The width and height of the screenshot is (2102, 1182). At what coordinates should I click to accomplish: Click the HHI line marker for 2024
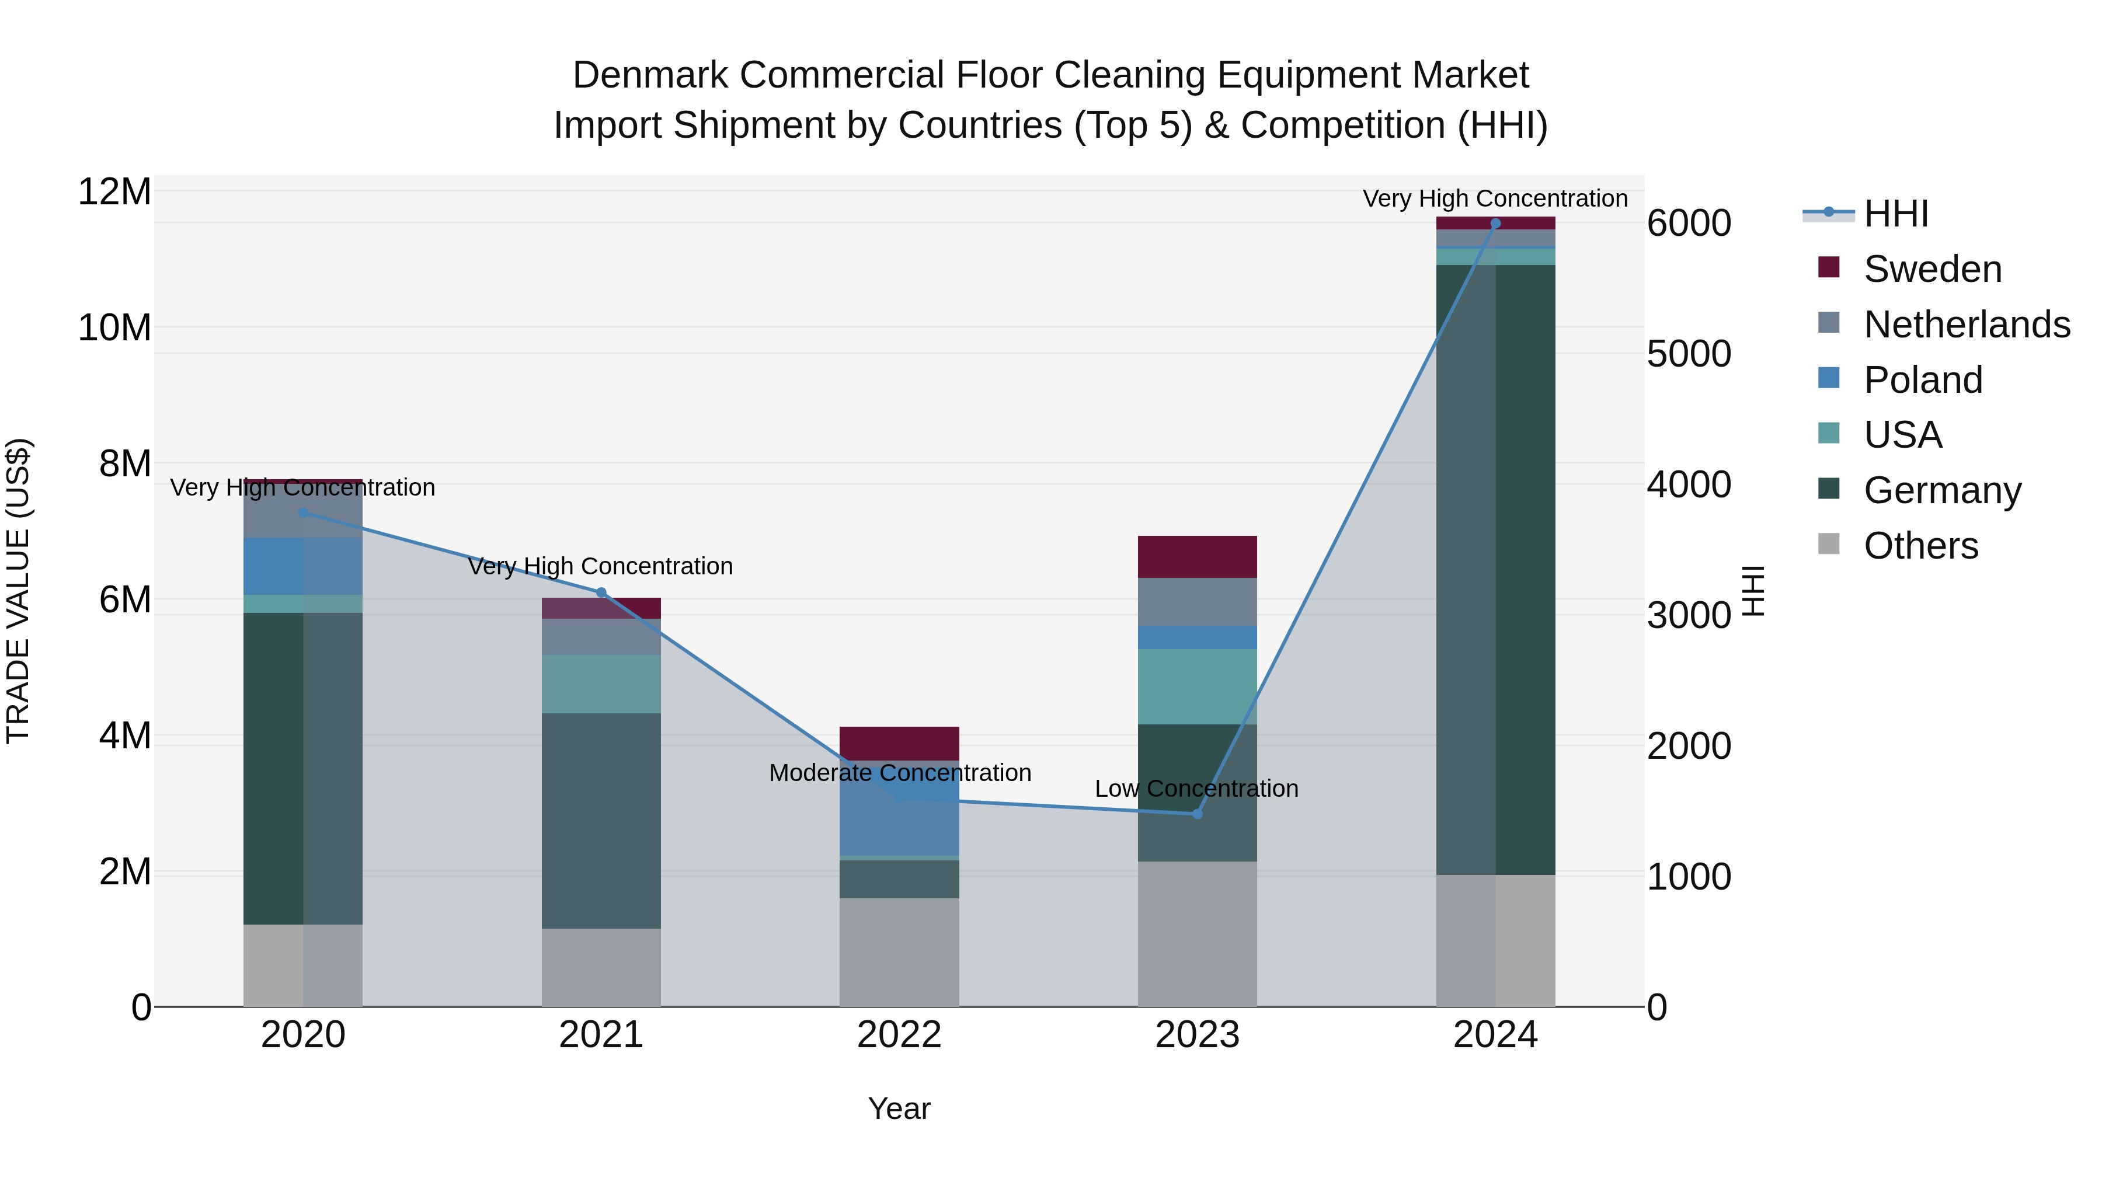tap(1495, 223)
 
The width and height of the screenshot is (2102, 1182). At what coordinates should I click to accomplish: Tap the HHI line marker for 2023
tap(1197, 814)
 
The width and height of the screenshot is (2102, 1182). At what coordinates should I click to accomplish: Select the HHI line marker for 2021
tap(601, 592)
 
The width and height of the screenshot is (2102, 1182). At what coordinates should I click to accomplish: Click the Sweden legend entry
tap(1932, 269)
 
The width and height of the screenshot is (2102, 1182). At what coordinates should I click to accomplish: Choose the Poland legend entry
tap(1923, 380)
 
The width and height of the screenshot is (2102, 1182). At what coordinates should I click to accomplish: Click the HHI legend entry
tap(1895, 214)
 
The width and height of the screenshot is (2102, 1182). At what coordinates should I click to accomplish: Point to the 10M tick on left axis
tap(114, 328)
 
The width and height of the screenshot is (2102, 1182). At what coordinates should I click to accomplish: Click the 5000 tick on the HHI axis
tap(1688, 354)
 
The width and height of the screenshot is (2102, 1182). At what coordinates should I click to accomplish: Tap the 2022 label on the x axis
tap(899, 1035)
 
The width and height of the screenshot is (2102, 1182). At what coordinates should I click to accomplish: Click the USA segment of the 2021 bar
tap(601, 684)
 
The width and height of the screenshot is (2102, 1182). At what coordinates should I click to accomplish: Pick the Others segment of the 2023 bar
tap(1197, 933)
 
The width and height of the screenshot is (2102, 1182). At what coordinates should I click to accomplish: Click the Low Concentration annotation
tap(1196, 789)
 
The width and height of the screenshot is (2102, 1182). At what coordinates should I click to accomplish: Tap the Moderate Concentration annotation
tap(900, 772)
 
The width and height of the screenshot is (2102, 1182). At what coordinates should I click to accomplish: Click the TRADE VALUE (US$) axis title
tap(18, 591)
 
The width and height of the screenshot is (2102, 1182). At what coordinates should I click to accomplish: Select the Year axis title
tap(899, 1108)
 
